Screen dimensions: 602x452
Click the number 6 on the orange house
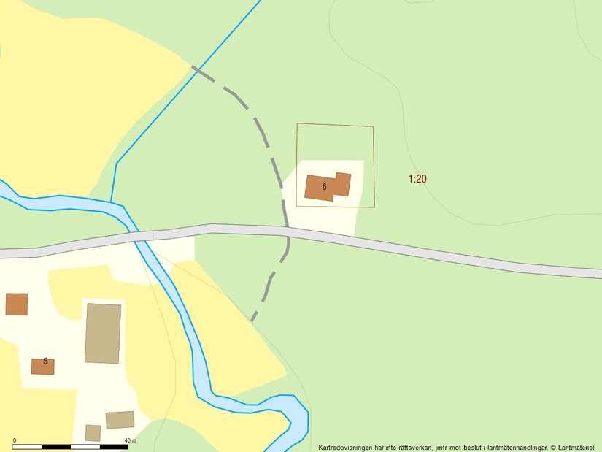click(324, 187)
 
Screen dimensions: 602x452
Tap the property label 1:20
click(417, 178)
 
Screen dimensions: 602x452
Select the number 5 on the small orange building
click(45, 361)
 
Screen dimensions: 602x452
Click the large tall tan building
click(103, 333)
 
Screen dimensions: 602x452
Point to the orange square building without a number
click(16, 304)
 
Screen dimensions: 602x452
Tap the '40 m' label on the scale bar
click(130, 440)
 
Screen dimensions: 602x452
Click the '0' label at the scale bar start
click(15, 440)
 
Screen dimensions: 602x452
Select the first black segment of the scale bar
click(28, 446)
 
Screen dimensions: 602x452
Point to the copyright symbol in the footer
click(553, 447)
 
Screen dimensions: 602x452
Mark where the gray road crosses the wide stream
click(136, 236)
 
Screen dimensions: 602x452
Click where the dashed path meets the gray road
click(288, 232)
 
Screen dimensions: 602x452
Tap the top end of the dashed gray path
click(194, 67)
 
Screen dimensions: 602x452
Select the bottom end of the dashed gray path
click(252, 320)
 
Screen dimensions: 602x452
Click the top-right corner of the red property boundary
click(373, 127)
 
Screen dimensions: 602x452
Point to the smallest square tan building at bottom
click(93, 433)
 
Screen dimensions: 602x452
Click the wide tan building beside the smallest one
click(120, 420)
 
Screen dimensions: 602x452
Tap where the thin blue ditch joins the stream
click(111, 202)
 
